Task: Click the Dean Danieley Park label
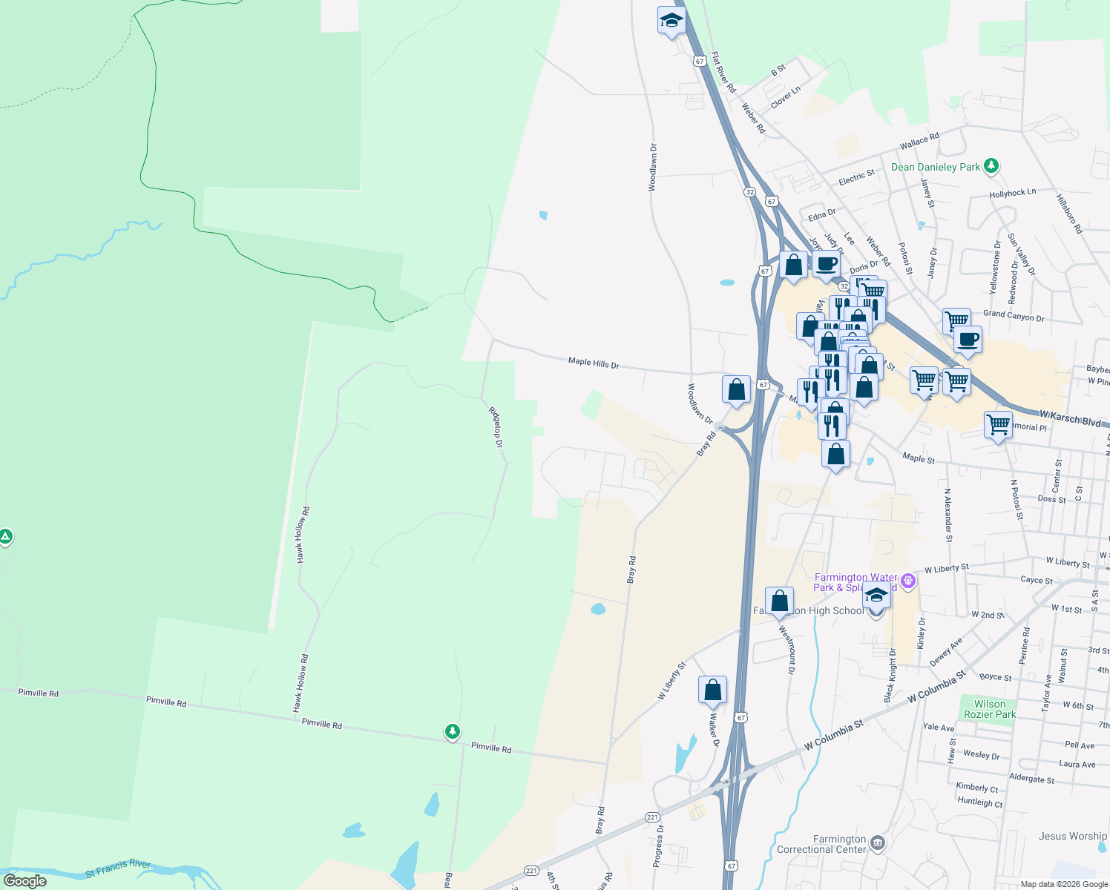[935, 168]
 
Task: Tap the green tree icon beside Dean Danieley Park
[991, 166]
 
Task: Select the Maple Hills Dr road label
[594, 363]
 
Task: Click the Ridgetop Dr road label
[496, 426]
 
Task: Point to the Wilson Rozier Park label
[990, 709]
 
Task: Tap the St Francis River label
[118, 868]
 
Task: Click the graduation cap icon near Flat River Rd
[671, 21]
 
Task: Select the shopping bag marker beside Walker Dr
[712, 690]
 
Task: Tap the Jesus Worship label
[1072, 836]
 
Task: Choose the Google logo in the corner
[25, 881]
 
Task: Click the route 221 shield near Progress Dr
[652, 817]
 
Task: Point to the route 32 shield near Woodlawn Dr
[750, 192]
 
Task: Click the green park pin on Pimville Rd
[452, 731]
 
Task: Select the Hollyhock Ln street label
[1012, 194]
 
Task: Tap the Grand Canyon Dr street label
[1013, 315]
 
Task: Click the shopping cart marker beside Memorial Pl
[998, 425]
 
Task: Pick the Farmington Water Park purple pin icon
[908, 581]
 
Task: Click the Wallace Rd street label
[919, 140]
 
